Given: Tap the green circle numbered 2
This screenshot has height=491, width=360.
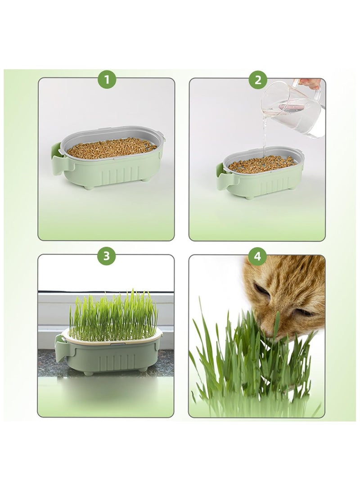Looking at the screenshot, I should pos(257,80).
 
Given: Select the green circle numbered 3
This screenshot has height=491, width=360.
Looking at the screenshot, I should pos(107,257).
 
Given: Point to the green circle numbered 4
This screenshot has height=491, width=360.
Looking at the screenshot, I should pos(257,257).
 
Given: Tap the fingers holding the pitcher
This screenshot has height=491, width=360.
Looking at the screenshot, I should pos(310,83).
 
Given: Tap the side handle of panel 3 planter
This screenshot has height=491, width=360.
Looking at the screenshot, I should pos(60,344).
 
